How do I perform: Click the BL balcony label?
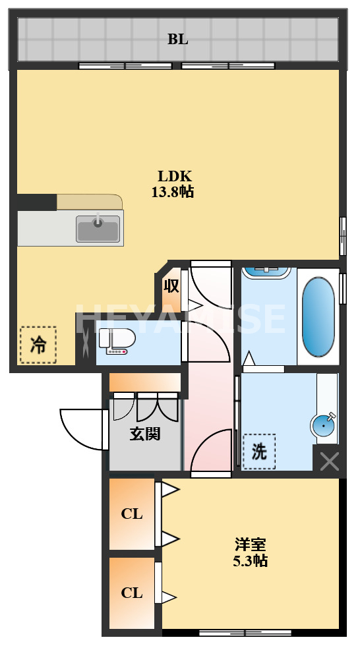point(177,40)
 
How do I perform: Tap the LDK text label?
point(174,176)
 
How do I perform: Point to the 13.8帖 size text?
point(173,192)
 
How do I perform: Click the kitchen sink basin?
point(98,228)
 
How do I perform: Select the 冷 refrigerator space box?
point(38,345)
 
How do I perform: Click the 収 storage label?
point(171,285)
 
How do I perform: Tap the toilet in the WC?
point(117,341)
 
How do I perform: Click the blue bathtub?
point(318,316)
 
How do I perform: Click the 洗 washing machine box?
point(259,452)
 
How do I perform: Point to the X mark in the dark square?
point(330,462)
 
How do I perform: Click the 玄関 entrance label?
point(145,434)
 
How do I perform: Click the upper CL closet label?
point(132,514)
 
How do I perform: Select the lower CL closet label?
point(132,593)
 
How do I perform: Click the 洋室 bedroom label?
point(250,544)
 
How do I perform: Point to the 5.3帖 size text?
point(250,561)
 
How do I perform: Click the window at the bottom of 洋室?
point(245,633)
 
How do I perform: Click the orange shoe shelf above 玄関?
point(145,382)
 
